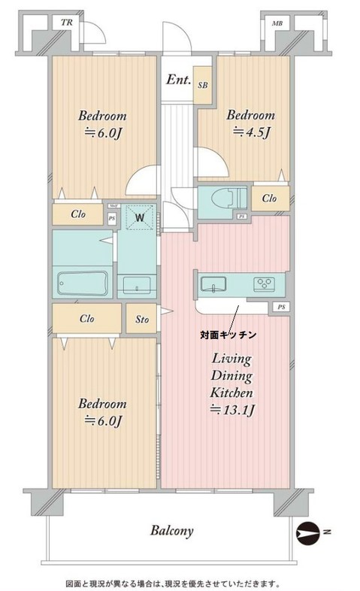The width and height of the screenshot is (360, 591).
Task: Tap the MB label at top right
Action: [x=277, y=23]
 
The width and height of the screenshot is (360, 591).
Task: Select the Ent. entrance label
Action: [x=178, y=80]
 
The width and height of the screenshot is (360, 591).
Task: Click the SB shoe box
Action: [x=203, y=86]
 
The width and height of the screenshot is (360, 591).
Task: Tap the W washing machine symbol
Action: [x=140, y=219]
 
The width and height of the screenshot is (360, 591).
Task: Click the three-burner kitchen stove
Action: [x=265, y=284]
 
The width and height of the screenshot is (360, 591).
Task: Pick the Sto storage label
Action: [x=142, y=319]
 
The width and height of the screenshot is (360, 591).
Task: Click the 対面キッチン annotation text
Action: [x=228, y=333]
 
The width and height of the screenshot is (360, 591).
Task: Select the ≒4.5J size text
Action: [x=251, y=132]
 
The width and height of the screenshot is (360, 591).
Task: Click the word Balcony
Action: [x=171, y=530]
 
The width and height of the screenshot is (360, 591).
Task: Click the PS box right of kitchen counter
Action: [x=280, y=307]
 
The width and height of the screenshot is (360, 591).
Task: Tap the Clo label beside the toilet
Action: [x=269, y=199]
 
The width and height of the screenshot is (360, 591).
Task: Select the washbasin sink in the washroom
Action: [x=136, y=285]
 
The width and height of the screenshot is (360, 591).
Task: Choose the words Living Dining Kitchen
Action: [x=230, y=375]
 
